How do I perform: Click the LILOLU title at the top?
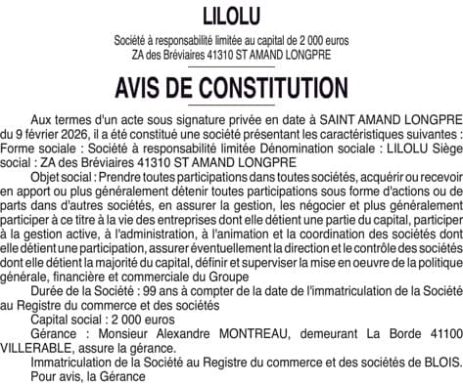coord(231,16)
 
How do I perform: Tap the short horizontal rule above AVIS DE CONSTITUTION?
coord(231,69)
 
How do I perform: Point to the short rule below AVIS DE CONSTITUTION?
coord(231,108)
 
